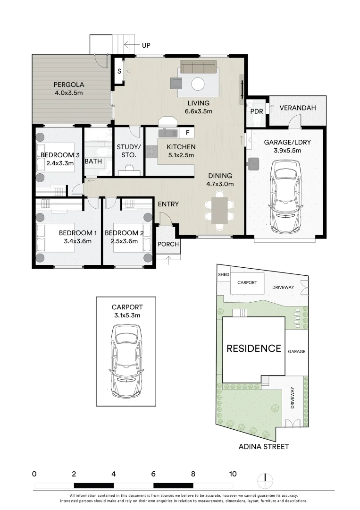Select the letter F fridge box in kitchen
[187, 133]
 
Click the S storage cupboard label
[119, 71]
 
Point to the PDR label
[256, 111]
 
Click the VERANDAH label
[297, 108]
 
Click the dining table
[219, 210]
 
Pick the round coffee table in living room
[198, 84]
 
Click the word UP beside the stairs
[147, 45]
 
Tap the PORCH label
[168, 245]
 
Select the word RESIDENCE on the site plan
[254, 349]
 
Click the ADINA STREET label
[264, 446]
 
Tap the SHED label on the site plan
[223, 275]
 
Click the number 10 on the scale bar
[233, 474]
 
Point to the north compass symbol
[265, 481]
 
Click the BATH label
[93, 161]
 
